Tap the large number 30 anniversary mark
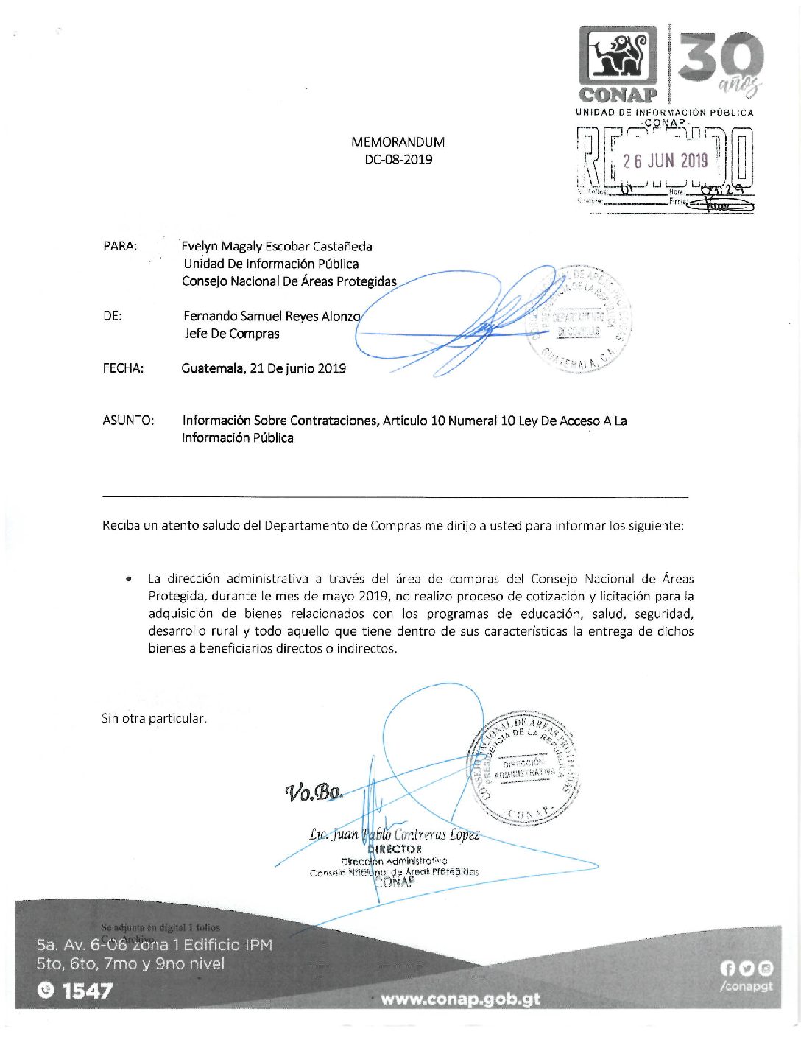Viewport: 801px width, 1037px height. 720,59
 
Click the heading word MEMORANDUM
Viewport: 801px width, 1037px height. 398,142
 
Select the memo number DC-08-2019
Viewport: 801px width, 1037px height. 398,159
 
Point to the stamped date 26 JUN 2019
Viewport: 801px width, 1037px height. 665,161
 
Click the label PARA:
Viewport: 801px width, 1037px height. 120,246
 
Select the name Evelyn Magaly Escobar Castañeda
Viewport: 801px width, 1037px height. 277,246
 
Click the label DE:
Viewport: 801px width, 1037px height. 113,316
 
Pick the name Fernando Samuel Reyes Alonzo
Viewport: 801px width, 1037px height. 272,316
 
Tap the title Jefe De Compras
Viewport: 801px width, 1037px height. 232,334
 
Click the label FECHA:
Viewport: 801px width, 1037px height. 123,368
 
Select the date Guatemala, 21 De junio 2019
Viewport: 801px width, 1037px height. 264,368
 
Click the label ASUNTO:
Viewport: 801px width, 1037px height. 128,421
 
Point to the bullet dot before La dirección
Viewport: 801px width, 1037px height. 130,579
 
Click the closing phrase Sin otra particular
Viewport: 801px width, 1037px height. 154,718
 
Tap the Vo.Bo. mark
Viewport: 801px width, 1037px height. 314,792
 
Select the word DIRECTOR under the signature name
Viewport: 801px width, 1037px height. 395,849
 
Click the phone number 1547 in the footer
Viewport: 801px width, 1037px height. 87,991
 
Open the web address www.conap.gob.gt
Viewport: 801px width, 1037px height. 460,999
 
